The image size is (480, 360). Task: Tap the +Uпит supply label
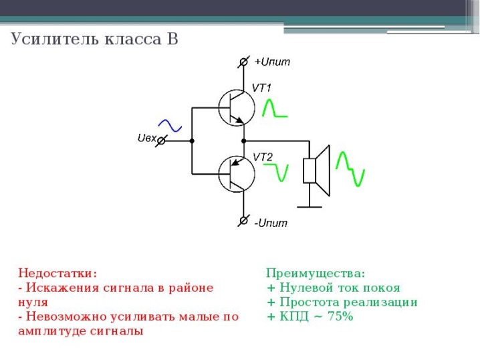click(x=273, y=62)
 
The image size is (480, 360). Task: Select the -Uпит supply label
click(x=271, y=223)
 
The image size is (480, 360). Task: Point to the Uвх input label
click(x=147, y=139)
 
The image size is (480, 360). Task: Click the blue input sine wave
click(x=170, y=126)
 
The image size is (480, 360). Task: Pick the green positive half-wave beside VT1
click(x=275, y=108)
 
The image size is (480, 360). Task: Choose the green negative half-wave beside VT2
click(x=276, y=173)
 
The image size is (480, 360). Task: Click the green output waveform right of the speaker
click(x=350, y=169)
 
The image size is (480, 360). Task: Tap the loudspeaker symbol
click(x=316, y=171)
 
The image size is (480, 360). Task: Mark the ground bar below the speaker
click(x=310, y=207)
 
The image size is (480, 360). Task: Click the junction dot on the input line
click(x=192, y=141)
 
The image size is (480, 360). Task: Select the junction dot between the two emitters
click(x=243, y=141)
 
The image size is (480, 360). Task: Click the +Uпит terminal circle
click(x=243, y=62)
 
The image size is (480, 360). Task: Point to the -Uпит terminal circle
click(x=243, y=220)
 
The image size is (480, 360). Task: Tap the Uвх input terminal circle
click(x=161, y=141)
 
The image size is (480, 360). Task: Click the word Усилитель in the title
click(x=55, y=39)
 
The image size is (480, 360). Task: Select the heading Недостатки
click(x=57, y=273)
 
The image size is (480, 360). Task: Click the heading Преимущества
click(x=316, y=273)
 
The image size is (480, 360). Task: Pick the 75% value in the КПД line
click(x=340, y=317)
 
